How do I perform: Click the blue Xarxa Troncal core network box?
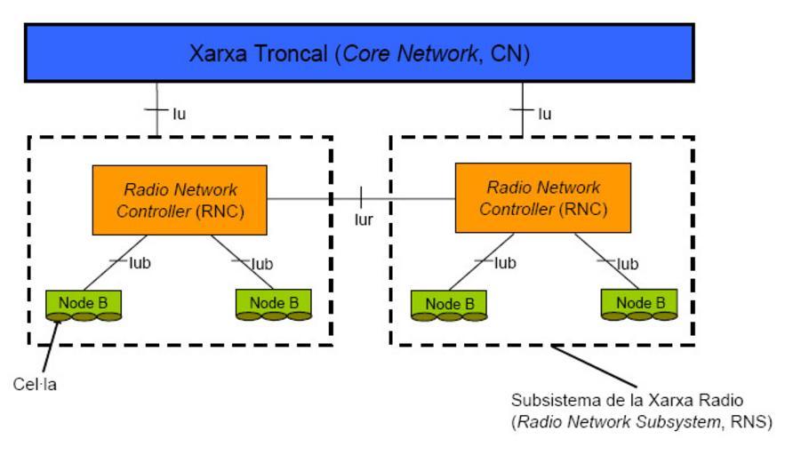359,53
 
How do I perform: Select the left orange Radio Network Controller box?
180,200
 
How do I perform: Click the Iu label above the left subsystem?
180,114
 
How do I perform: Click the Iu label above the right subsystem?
544,114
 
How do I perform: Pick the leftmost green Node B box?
83,303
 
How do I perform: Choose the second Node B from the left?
273,303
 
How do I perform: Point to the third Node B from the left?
449,304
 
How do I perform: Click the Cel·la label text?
36,384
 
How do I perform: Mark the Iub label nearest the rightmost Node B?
628,264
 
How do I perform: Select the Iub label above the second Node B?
261,264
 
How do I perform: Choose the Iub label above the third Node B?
504,263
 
